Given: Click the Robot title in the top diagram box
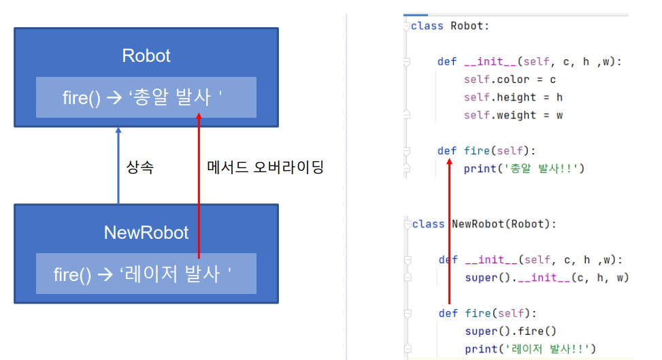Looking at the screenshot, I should pos(146,55).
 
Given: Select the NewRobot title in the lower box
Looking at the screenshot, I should pos(146,232).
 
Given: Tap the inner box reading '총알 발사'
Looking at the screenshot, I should pos(146,97).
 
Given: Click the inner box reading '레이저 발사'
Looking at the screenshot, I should pos(146,274).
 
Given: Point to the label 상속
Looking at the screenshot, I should pos(140,167).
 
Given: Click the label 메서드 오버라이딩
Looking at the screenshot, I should pos(265,167).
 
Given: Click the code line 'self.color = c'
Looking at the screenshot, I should pos(510,80).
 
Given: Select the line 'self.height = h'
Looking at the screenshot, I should pos(513,97).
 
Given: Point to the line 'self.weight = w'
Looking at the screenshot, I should pos(513,115).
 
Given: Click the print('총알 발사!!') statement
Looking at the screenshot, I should pos(524,168).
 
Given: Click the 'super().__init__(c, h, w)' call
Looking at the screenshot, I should pos(546,277).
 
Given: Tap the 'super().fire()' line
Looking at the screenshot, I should pos(510,331).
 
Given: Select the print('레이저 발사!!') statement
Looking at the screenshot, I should pos(530,349).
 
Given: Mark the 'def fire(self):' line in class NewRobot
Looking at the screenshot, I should pos(488,313).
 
